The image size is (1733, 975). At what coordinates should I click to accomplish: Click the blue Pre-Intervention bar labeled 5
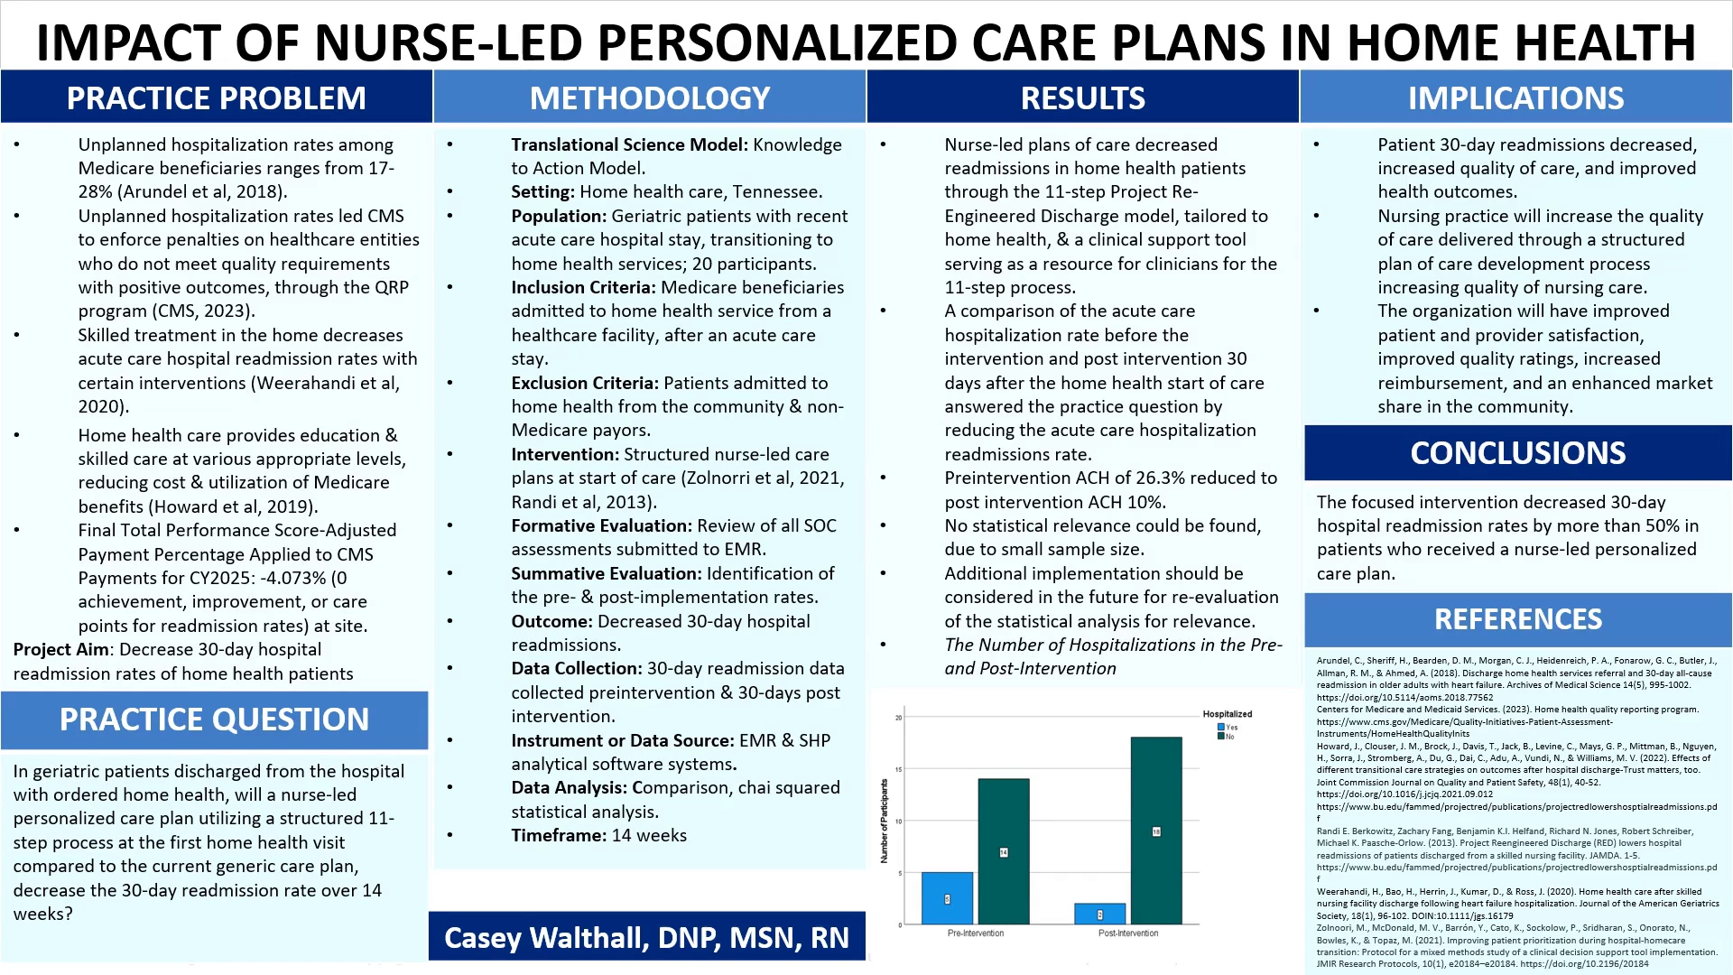click(947, 898)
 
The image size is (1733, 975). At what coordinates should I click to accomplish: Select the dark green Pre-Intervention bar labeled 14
click(1004, 851)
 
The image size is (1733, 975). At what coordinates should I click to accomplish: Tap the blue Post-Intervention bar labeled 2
click(1099, 914)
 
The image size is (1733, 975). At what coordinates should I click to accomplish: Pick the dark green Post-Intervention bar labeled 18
click(1156, 831)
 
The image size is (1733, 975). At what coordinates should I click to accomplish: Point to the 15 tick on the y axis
click(898, 769)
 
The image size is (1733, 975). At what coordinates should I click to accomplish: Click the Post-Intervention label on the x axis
click(1128, 933)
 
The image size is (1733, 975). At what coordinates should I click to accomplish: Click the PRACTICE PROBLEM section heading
click(217, 97)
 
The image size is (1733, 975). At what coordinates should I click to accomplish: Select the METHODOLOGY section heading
click(650, 97)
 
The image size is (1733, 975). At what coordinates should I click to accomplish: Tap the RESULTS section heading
click(1083, 97)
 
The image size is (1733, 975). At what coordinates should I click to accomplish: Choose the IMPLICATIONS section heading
click(1516, 97)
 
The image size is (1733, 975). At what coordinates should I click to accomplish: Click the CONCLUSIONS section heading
click(1518, 453)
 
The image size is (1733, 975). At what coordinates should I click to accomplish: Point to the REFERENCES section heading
click(1518, 619)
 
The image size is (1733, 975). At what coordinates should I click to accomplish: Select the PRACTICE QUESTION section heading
click(215, 720)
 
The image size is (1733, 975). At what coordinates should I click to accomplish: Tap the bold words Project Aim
click(61, 650)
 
